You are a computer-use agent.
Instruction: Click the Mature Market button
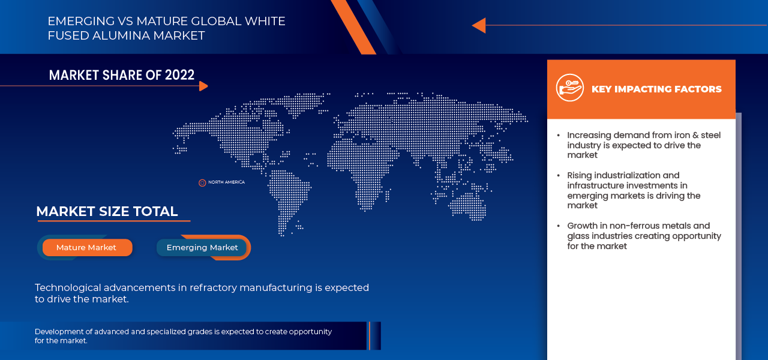click(86, 247)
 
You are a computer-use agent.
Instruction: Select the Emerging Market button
click(202, 247)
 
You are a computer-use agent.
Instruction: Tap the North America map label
click(226, 182)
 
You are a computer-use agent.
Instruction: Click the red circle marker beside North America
click(202, 182)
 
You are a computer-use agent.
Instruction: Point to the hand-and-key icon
click(569, 88)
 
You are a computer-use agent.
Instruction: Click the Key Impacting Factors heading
click(656, 89)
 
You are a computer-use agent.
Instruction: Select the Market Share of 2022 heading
click(122, 75)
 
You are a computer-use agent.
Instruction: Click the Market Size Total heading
click(107, 211)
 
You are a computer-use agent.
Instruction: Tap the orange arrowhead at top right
click(478, 25)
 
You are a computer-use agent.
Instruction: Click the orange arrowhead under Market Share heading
click(203, 86)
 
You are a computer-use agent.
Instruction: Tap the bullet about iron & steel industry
click(643, 145)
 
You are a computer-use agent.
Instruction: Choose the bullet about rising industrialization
click(633, 190)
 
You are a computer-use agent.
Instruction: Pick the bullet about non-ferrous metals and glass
click(643, 236)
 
